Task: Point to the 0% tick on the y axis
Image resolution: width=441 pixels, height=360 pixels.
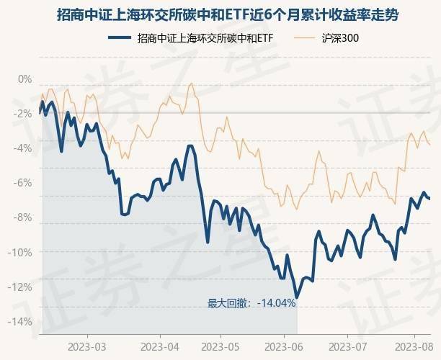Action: (25, 79)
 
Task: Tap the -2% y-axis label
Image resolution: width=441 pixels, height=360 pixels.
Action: (24, 114)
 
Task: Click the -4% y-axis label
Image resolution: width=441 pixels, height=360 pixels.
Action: (24, 148)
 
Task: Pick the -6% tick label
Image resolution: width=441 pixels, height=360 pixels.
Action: (24, 183)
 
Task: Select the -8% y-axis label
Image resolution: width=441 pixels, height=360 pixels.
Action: (24, 217)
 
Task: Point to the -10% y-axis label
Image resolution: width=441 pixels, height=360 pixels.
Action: (22, 252)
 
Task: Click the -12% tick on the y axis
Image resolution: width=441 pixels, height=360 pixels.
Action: (22, 287)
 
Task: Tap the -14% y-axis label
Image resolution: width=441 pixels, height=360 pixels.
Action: (22, 321)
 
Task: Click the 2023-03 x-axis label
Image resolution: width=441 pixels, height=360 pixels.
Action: (87, 346)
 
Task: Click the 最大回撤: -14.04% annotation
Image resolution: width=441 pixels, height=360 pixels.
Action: (251, 303)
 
